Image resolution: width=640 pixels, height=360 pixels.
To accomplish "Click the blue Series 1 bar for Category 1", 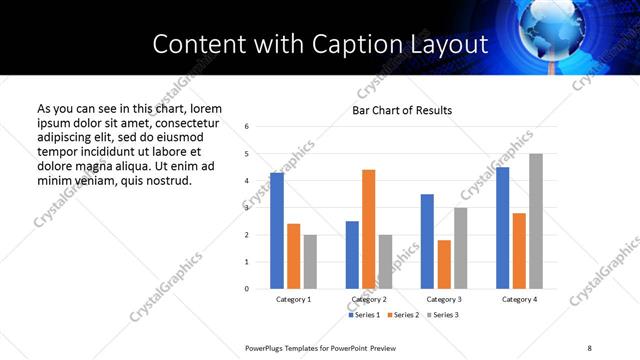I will tap(277, 231).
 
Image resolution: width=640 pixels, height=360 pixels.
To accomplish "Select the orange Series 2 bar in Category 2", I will tap(368, 229).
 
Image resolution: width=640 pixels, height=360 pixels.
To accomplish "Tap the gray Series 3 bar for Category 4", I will tap(535, 221).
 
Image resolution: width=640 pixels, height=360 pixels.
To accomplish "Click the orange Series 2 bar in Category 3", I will tap(444, 264).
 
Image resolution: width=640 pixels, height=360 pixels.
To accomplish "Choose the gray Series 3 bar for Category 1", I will tap(310, 262).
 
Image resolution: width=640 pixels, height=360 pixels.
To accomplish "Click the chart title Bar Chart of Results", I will tap(402, 110).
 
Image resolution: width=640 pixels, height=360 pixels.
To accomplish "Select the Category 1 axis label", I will tap(293, 299).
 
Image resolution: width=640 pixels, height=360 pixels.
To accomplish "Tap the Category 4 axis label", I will tap(519, 299).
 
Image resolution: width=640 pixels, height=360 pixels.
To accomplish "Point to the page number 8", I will tap(588, 346).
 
